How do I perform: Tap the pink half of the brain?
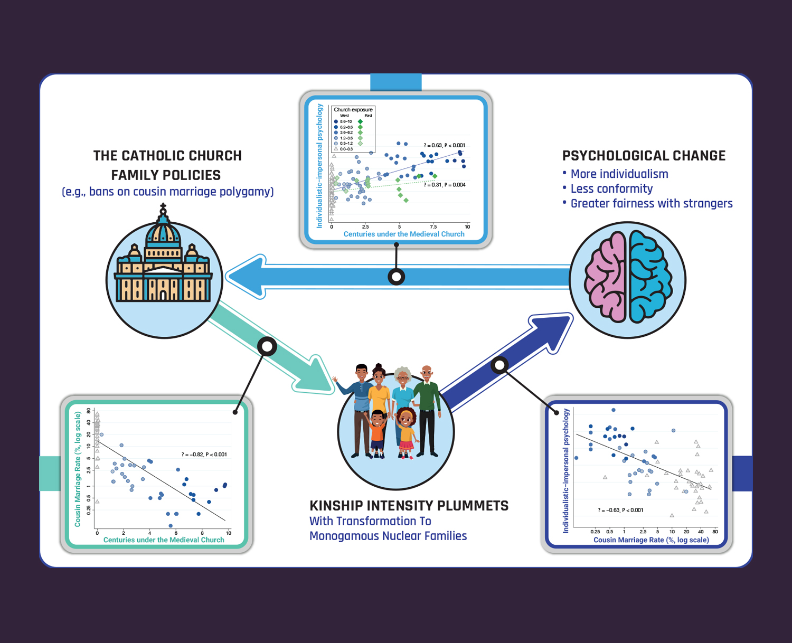pyautogui.click(x=606, y=279)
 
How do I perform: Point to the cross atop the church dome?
pyautogui.click(x=163, y=206)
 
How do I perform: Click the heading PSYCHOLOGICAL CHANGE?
pyautogui.click(x=644, y=156)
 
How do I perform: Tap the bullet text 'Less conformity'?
pyautogui.click(x=611, y=188)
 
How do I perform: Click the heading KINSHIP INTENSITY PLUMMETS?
pyautogui.click(x=409, y=506)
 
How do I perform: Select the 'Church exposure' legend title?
pyautogui.click(x=353, y=110)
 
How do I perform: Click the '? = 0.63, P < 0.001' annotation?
pyautogui.click(x=444, y=145)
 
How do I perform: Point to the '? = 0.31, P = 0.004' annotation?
pyautogui.click(x=444, y=185)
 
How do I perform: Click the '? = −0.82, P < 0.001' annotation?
pyautogui.click(x=204, y=455)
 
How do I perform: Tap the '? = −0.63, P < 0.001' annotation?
pyautogui.click(x=620, y=510)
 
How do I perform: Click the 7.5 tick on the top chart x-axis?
pyautogui.click(x=433, y=227)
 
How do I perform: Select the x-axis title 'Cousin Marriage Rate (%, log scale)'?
pyautogui.click(x=651, y=540)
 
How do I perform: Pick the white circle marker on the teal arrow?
pyautogui.click(x=267, y=346)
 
